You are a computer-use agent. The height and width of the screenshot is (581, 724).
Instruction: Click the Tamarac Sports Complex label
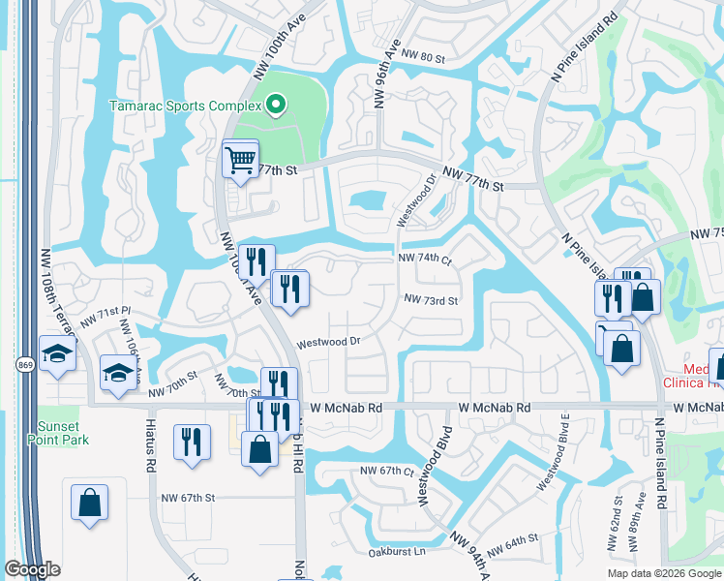point(185,106)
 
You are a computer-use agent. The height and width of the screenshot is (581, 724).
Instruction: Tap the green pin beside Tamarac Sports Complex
point(276,106)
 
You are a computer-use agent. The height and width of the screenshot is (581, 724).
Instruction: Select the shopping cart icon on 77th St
point(240,159)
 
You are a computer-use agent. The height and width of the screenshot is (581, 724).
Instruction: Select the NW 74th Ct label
point(425,260)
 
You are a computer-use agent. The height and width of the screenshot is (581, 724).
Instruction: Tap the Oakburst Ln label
point(397,552)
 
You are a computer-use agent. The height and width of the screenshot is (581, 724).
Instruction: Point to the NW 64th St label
point(512,545)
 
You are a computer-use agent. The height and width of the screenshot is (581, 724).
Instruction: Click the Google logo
point(33,569)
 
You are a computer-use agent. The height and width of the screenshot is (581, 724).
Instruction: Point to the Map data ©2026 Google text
point(664,573)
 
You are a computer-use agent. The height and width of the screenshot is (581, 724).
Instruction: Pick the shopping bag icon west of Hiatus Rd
point(89,503)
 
